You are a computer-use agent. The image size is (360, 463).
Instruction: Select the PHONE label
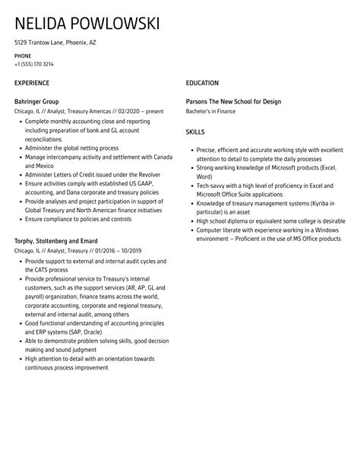pos(24,56)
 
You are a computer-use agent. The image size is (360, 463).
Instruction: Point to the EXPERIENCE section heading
pos(32,83)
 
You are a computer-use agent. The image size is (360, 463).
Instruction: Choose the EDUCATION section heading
pos(202,83)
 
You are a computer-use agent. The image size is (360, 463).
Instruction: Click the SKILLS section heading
pos(195,132)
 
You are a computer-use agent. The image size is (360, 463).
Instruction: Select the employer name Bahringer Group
pos(36,100)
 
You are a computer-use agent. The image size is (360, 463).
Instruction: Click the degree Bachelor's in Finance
pos(210,111)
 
